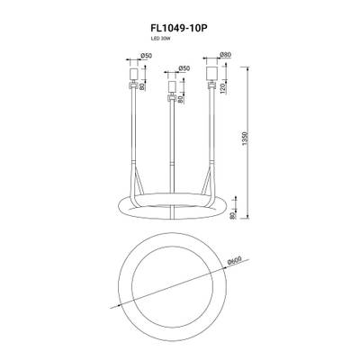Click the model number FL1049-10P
(179, 27)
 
